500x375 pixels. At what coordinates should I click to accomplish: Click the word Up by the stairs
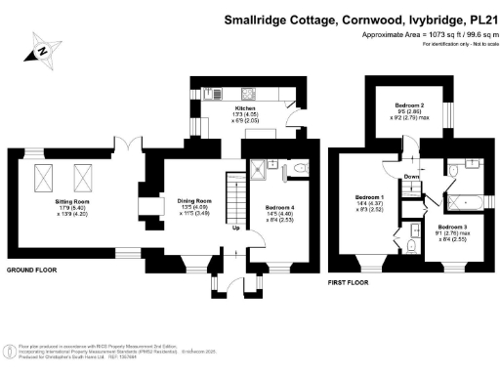pos(236,229)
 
